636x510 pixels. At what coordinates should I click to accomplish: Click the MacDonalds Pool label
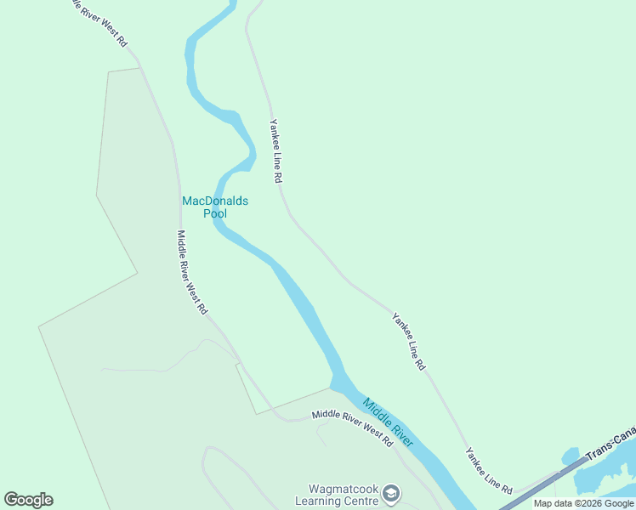[215, 207]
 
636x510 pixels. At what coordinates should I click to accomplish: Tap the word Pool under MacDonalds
[215, 213]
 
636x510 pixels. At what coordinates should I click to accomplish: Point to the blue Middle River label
[388, 422]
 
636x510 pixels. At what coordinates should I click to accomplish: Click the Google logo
[28, 500]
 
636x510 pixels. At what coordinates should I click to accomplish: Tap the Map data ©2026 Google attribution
[584, 503]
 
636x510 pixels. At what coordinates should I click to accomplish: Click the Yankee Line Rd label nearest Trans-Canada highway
[488, 471]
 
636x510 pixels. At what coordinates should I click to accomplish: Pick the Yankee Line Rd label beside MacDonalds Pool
[275, 150]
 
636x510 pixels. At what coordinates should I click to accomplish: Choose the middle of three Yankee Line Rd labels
[408, 342]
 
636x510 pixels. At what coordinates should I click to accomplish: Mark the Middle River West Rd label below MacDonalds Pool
[191, 272]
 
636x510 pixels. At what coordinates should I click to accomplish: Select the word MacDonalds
[215, 201]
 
